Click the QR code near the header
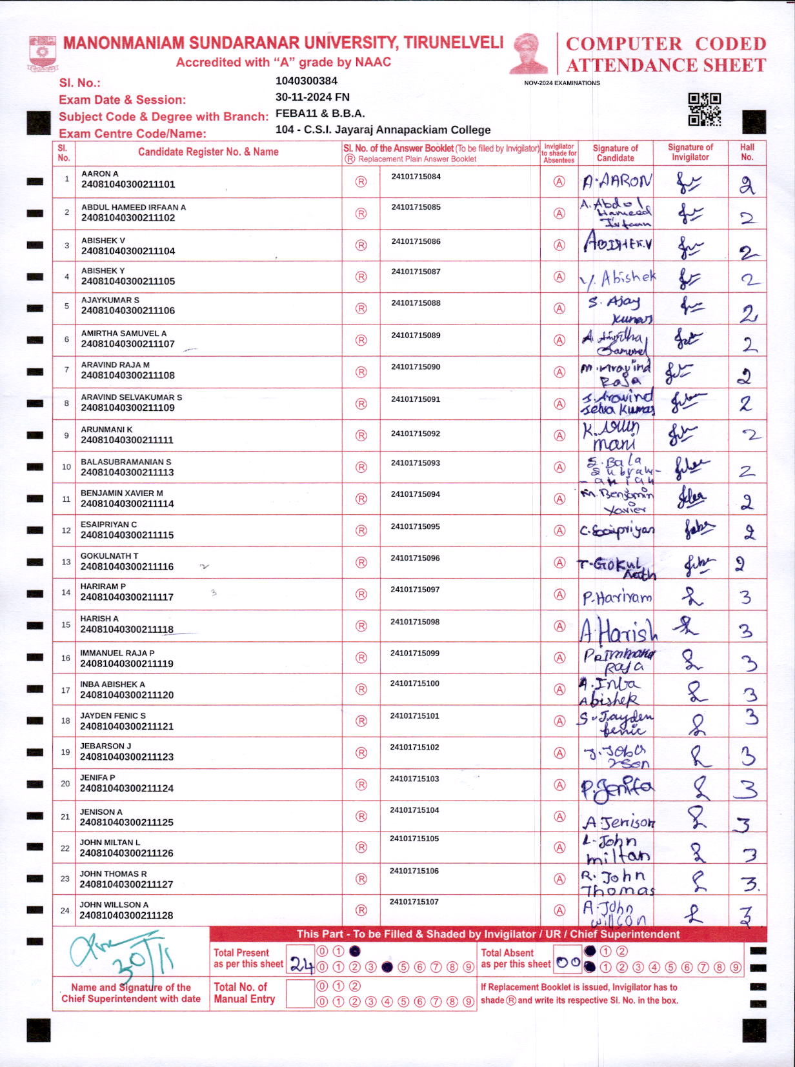coord(704,110)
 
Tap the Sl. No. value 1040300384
coord(307,81)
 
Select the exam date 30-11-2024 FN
coord(312,97)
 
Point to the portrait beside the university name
coord(528,54)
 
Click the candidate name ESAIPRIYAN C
coord(108,524)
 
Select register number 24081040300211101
coord(128,184)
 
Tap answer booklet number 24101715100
coord(414,683)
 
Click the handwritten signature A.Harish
coord(618,630)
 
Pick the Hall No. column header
coord(747,152)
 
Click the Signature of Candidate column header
coord(615,153)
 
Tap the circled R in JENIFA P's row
coord(361,784)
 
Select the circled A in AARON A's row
coord(559,182)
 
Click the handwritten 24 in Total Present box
coord(301,964)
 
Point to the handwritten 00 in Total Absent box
coord(568,962)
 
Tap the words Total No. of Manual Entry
coord(244,993)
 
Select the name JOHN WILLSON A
coord(114,904)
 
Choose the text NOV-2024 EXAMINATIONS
coord(561,83)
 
